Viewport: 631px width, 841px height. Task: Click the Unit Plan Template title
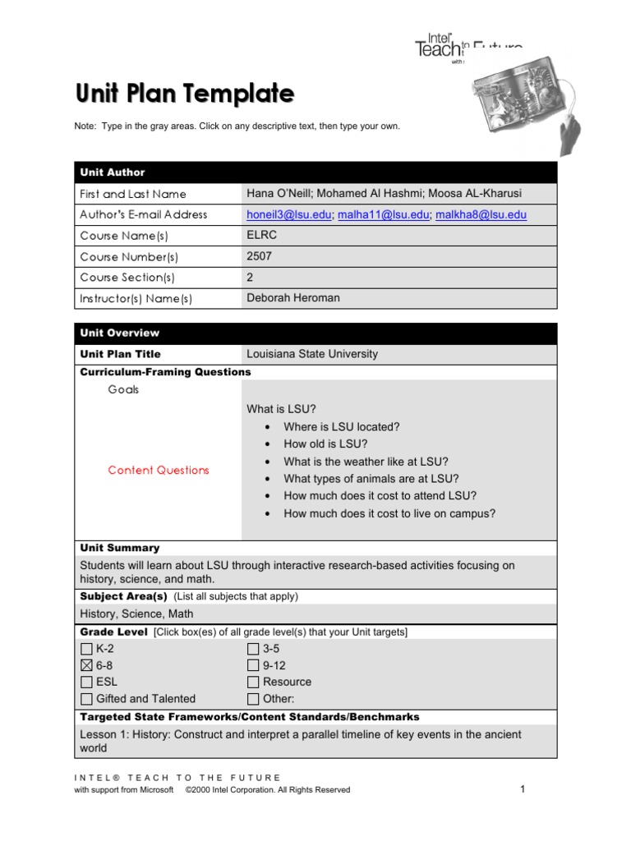coord(185,94)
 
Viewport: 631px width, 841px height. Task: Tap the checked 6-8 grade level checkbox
coord(86,665)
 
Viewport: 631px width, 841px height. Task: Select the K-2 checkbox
coord(86,649)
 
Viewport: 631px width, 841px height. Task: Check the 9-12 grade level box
coord(253,665)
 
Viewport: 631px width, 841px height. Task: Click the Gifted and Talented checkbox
coord(86,699)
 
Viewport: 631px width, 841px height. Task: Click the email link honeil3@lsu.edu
coord(289,214)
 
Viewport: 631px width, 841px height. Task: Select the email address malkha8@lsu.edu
coord(481,214)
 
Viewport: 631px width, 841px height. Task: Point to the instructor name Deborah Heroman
coord(293,298)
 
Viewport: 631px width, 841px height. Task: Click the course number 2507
coord(259,256)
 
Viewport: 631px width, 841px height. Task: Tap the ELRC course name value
coord(260,236)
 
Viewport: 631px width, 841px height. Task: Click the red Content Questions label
coord(159,471)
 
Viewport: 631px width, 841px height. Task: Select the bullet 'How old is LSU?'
coord(325,444)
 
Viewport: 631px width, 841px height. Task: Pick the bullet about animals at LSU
coord(371,479)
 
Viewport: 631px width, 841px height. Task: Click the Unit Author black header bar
coord(315,172)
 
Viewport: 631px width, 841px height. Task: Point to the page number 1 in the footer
coord(522,789)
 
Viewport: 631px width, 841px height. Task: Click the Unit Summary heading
coord(120,548)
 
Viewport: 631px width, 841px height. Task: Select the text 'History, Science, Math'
coord(136,614)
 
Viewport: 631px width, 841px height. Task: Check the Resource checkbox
coord(253,682)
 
